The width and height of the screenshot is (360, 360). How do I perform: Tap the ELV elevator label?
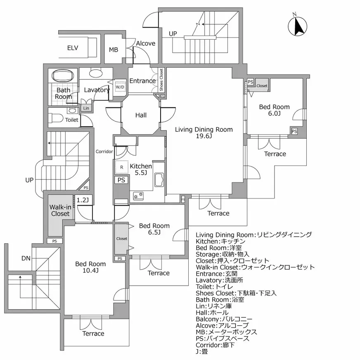point(73,47)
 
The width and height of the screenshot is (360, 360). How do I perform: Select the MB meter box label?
point(114,50)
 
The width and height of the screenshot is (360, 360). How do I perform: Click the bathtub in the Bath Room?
point(63,76)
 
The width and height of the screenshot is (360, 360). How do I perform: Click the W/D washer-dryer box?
point(120,88)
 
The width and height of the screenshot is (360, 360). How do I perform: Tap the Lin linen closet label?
point(86,108)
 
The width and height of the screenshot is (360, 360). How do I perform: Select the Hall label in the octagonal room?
point(141,115)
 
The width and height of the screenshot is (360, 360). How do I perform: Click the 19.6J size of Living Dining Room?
point(204,136)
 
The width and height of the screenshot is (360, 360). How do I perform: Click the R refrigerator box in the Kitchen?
point(121,167)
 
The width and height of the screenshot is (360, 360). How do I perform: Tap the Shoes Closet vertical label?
point(161,80)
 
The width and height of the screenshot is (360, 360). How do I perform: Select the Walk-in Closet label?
point(60,210)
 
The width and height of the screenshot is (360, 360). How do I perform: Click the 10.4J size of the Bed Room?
point(90,270)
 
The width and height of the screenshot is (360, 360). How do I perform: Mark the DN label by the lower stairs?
point(26,258)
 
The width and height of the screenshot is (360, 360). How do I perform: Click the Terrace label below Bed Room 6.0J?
point(275,154)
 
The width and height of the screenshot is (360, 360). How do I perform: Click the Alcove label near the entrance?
point(145,43)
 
